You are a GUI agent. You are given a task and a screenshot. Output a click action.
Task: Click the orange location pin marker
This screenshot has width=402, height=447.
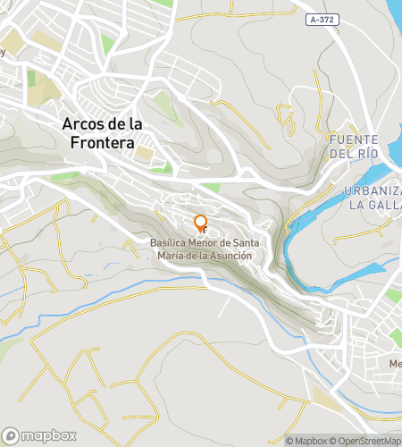201,223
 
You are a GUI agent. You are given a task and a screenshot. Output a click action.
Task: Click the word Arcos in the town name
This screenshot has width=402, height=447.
86,125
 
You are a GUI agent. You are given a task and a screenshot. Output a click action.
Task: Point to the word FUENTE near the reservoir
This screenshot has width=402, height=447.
355,140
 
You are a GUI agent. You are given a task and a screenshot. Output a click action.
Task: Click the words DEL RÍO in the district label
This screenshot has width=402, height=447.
355,154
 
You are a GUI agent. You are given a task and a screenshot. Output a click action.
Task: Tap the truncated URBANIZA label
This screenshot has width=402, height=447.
373,190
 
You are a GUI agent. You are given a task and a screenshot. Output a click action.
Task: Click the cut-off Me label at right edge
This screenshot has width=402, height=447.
396,364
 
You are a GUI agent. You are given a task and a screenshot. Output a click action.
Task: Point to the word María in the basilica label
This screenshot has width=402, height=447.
171,256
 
